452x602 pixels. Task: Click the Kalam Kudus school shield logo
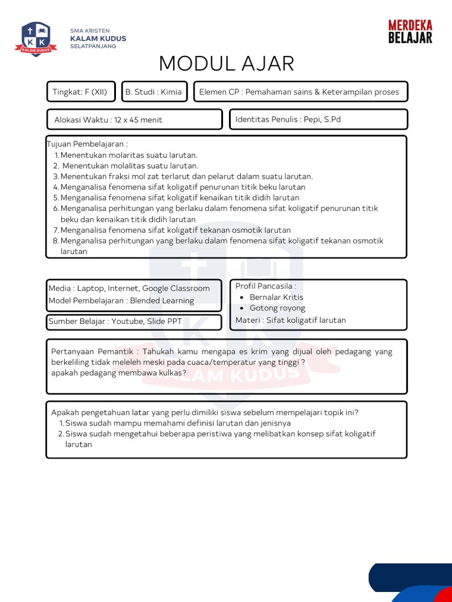pyautogui.click(x=36, y=39)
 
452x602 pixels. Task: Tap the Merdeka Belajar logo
pyautogui.click(x=410, y=32)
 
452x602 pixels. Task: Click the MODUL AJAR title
pyautogui.click(x=227, y=63)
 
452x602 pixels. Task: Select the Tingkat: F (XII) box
pyautogui.click(x=81, y=92)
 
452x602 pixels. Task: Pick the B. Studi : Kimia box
pyautogui.click(x=154, y=92)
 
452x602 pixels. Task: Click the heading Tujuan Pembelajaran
pyautogui.click(x=87, y=144)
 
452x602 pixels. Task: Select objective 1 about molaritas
pyautogui.click(x=129, y=155)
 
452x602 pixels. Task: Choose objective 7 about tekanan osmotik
pyautogui.click(x=175, y=230)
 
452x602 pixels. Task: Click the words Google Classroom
pyautogui.click(x=176, y=289)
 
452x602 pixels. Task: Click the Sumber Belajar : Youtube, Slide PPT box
pyautogui.click(x=134, y=322)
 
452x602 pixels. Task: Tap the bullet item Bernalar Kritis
pyautogui.click(x=276, y=297)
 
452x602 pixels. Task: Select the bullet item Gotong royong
pyautogui.click(x=277, y=308)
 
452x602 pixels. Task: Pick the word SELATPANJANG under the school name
pyautogui.click(x=93, y=46)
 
